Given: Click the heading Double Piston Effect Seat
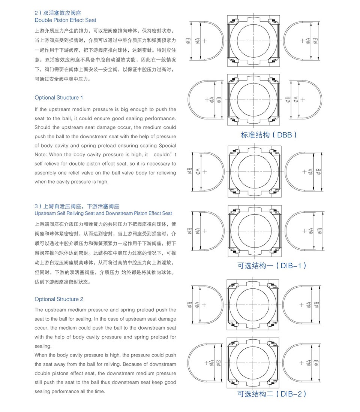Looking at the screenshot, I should [x=65, y=20].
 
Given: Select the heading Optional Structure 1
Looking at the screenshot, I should [x=59, y=98].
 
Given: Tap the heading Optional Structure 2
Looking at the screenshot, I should [x=59, y=299].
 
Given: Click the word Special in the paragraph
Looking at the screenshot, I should [x=167, y=146].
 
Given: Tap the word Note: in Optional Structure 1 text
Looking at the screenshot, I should [x=41, y=155].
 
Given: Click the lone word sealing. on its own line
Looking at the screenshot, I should [x=42, y=346].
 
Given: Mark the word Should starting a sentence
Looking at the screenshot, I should [x=42, y=127].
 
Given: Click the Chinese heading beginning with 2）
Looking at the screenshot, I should [x=60, y=13].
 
